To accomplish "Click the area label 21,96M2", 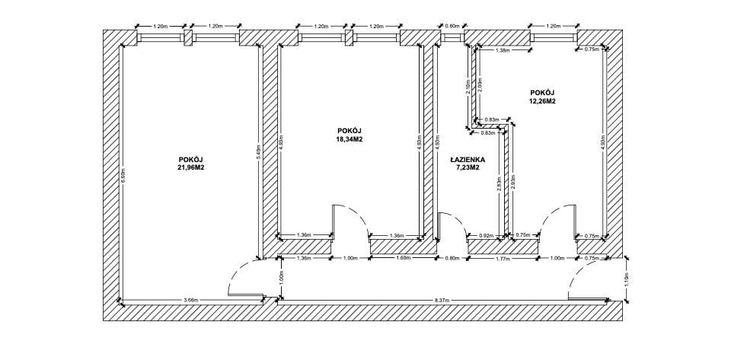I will pos(190,167).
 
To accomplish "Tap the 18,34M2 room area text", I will pos(349,139).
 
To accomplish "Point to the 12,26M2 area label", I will pos(543,100).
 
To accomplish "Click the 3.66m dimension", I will pos(190,301).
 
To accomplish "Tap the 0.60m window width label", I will pos(452,26).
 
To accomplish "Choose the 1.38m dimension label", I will pos(502,50).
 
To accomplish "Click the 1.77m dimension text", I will pos(502,258).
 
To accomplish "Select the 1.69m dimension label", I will pos(403,258).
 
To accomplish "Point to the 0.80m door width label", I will pos(452,258).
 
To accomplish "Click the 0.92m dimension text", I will pos(485,235).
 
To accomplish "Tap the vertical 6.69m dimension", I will pos(123,175).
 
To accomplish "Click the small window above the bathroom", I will pos(452,37).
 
